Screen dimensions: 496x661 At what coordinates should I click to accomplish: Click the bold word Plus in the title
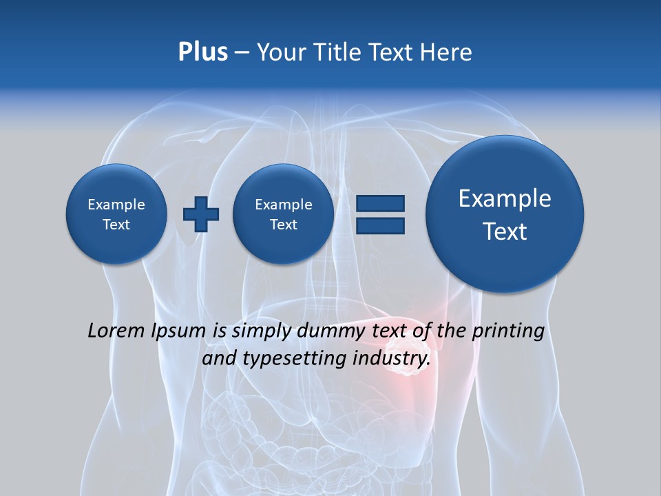(202, 52)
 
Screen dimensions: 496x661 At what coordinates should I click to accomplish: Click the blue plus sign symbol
(200, 214)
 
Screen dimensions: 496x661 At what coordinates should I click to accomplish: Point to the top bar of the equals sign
(380, 203)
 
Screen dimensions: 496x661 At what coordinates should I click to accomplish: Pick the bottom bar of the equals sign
(380, 225)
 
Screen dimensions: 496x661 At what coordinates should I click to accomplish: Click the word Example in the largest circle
(505, 198)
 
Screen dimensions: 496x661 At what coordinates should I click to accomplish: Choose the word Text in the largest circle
(505, 231)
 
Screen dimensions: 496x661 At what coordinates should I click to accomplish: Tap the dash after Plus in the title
(242, 52)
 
